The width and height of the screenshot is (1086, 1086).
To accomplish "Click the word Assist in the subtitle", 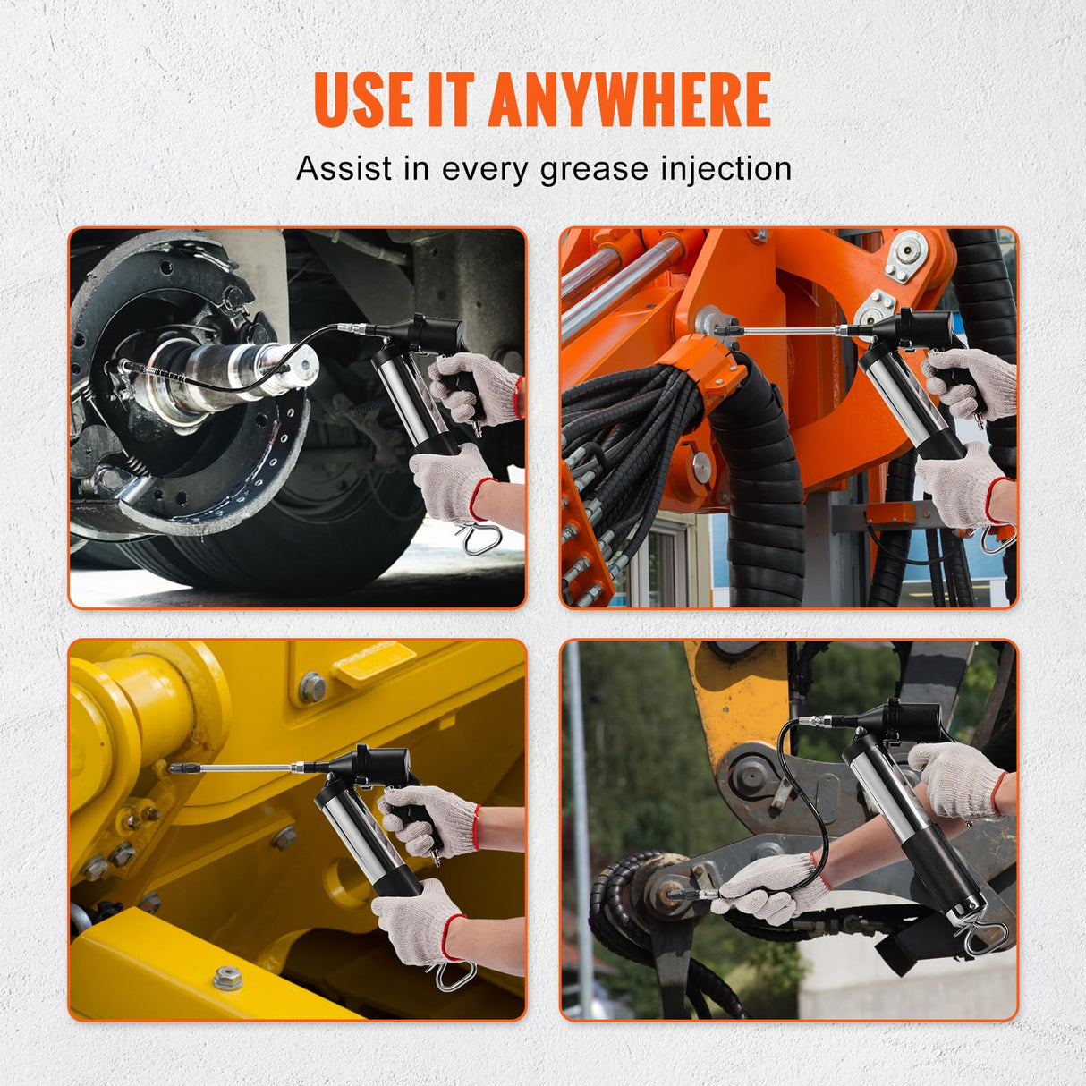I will (344, 168).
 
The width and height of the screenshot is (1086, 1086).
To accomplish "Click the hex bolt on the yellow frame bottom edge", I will (228, 978).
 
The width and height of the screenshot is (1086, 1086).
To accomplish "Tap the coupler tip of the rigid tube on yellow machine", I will (179, 768).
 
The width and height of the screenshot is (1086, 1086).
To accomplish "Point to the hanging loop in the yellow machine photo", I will (454, 974).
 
